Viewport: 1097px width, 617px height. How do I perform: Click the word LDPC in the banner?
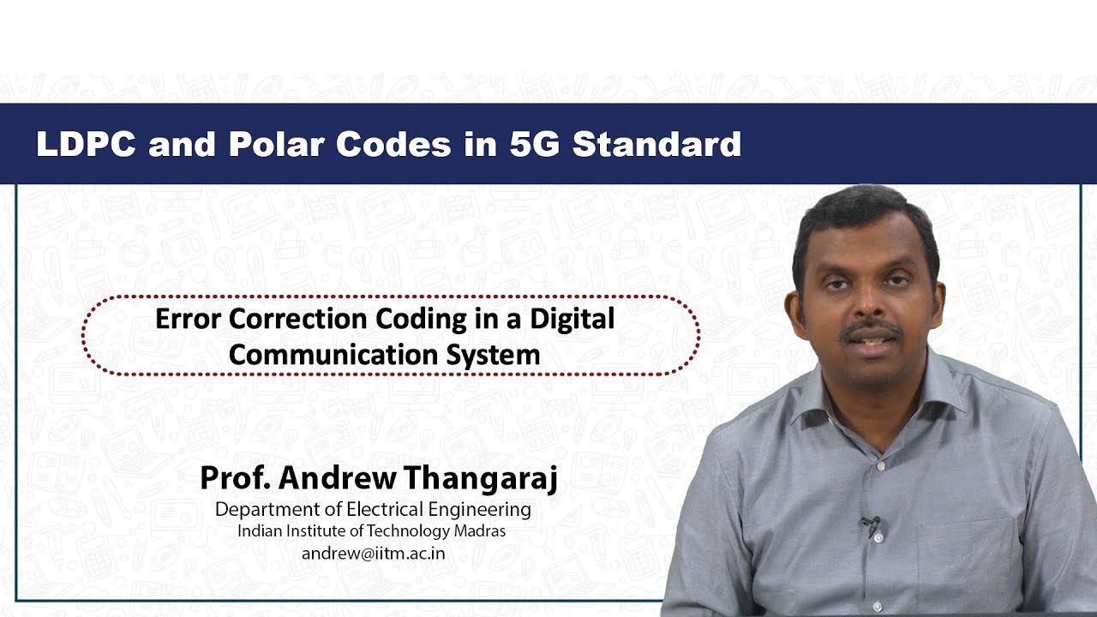click(x=85, y=144)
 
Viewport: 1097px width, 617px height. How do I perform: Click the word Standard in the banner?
click(x=656, y=144)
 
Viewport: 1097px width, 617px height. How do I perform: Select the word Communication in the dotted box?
click(x=327, y=354)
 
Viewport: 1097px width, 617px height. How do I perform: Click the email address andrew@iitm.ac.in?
click(x=373, y=553)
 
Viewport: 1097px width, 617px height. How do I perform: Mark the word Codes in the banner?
click(x=393, y=144)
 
